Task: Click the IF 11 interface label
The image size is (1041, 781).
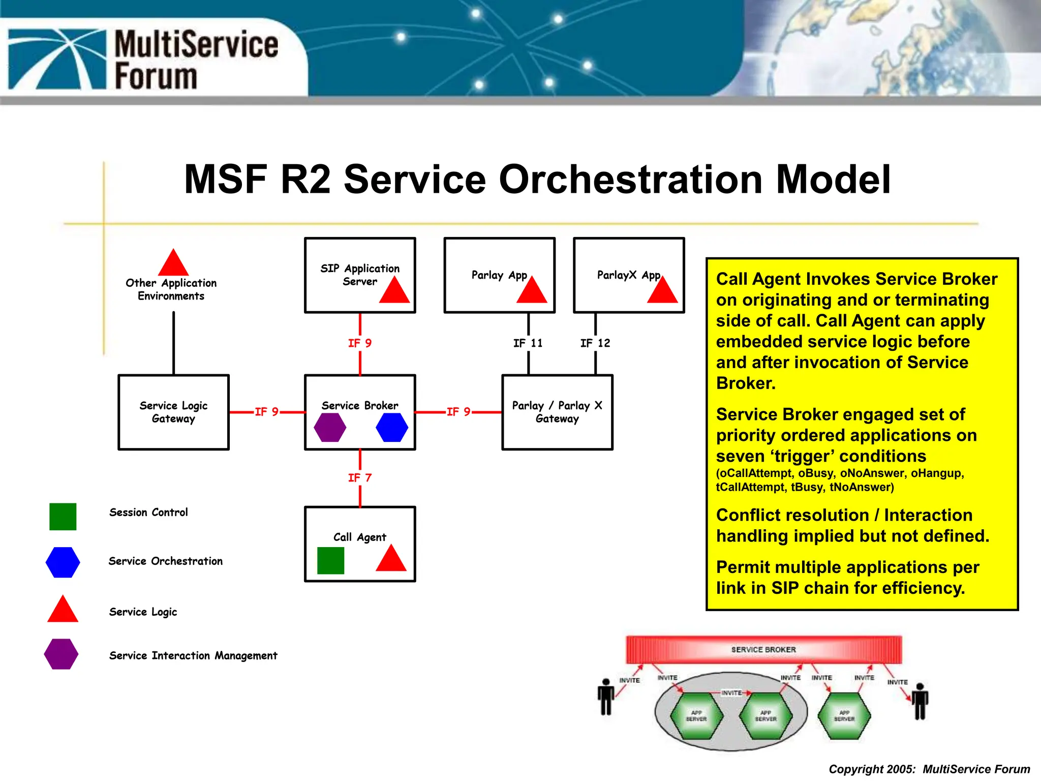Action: tap(528, 343)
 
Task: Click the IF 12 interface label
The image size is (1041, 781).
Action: tap(595, 343)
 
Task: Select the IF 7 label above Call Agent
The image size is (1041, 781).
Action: tap(360, 478)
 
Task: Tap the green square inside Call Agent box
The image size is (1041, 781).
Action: tap(330, 560)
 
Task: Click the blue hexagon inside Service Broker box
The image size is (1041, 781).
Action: tap(392, 427)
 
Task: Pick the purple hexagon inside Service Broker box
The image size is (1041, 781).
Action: tap(330, 427)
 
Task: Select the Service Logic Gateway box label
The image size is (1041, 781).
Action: tap(173, 412)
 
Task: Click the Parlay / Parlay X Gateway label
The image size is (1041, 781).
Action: tap(557, 412)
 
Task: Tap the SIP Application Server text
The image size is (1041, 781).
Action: tap(360, 275)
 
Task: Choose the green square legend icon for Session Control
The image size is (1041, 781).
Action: tap(63, 517)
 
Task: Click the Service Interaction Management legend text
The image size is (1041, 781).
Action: tap(193, 655)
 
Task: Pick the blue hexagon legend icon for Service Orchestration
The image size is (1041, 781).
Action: tap(63, 562)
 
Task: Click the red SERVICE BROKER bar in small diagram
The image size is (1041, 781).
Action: tap(763, 650)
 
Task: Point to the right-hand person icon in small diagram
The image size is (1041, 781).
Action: tap(920, 702)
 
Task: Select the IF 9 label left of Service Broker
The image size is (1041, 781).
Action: tap(266, 412)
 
